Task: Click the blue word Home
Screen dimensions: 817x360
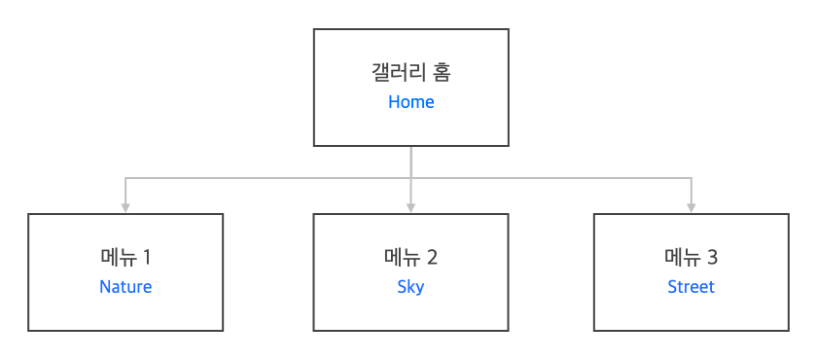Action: click(x=411, y=102)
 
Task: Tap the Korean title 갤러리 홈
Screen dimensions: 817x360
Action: click(x=411, y=72)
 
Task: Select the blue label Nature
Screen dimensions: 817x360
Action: click(x=125, y=287)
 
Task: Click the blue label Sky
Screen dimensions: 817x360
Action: click(x=410, y=288)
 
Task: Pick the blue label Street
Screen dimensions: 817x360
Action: click(x=691, y=287)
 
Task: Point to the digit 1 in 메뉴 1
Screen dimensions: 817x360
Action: click(x=146, y=258)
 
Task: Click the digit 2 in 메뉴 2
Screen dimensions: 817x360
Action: click(x=432, y=258)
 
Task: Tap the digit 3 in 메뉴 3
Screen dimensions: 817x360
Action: click(x=712, y=258)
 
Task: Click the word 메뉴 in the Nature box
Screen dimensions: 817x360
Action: click(x=119, y=258)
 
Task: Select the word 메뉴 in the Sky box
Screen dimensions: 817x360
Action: click(x=403, y=258)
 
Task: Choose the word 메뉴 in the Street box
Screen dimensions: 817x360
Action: click(x=683, y=258)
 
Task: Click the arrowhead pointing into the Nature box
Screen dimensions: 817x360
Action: click(x=125, y=208)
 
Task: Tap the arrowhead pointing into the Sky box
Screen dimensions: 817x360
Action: click(x=411, y=208)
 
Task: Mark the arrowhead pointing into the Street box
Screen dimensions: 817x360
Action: click(x=692, y=208)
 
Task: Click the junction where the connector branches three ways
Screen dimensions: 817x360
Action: click(x=411, y=179)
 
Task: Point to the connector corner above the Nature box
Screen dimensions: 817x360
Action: click(x=125, y=179)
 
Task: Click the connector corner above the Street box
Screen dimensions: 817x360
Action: click(x=692, y=179)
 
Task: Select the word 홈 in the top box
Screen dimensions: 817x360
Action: click(x=442, y=72)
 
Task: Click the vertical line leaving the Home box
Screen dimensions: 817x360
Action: click(x=411, y=162)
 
